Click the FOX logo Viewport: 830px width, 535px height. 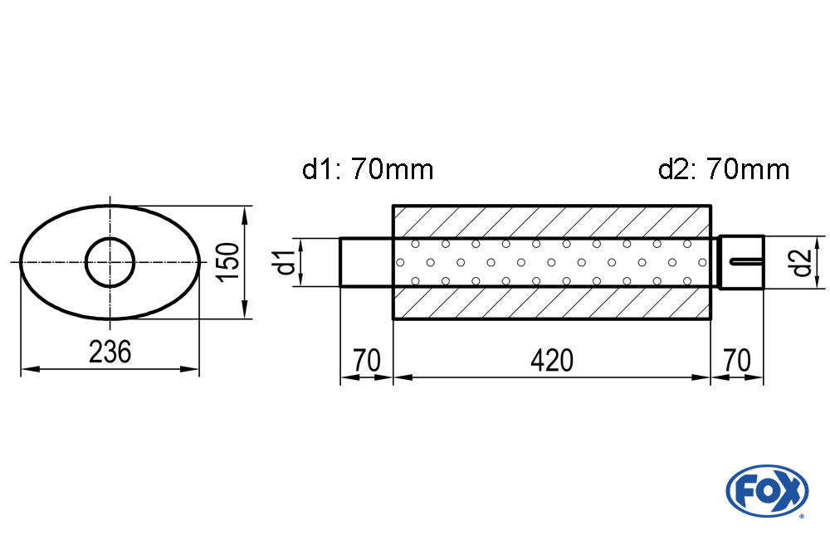click(766, 490)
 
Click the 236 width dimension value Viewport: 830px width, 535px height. click(110, 353)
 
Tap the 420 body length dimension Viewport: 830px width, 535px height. click(552, 361)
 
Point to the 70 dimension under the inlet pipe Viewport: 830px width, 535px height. click(366, 361)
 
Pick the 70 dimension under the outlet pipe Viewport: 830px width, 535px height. click(737, 361)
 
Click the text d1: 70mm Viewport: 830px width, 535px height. click(368, 170)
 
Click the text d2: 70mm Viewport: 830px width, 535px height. click(723, 170)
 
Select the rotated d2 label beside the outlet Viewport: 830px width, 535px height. click(800, 262)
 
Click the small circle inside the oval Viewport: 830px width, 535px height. click(110, 262)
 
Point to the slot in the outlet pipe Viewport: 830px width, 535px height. click(746, 262)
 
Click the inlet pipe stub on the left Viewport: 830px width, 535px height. click(366, 262)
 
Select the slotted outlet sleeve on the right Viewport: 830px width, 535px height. click(740, 262)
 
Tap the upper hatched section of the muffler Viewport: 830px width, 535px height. click(552, 221)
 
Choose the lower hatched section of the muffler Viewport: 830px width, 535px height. click(552, 303)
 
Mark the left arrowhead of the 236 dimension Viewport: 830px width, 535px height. click(26, 370)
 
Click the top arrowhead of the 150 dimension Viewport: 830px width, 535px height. click(245, 212)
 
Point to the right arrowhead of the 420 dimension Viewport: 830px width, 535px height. click(705, 378)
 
